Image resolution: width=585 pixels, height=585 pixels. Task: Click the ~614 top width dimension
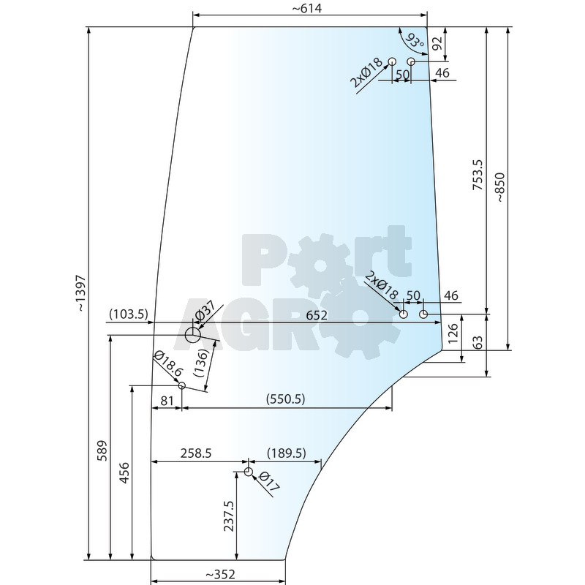click(x=306, y=8)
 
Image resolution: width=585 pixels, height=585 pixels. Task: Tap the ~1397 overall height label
click(x=81, y=293)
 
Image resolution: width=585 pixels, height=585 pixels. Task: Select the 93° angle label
click(x=414, y=41)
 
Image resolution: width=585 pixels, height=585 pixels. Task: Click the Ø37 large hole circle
click(x=193, y=335)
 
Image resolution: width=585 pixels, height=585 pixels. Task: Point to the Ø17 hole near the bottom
click(x=249, y=472)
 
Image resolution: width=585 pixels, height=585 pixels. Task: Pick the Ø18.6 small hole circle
click(x=181, y=385)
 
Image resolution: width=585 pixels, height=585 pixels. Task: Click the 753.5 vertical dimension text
click(x=478, y=175)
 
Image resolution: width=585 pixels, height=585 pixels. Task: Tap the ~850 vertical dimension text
click(x=500, y=187)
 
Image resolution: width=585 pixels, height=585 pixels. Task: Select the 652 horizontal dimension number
click(x=317, y=316)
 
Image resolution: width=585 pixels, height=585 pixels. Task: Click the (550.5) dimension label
click(x=285, y=399)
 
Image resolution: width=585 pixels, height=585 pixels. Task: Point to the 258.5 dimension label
click(x=196, y=453)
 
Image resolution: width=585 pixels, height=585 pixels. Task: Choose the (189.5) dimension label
click(x=287, y=453)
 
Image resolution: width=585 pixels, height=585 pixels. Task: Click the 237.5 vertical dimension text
click(x=229, y=516)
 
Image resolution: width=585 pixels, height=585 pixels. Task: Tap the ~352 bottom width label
click(x=220, y=574)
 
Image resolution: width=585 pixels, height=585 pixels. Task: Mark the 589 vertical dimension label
click(x=102, y=450)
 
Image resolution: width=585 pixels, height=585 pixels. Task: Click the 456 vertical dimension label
click(x=124, y=473)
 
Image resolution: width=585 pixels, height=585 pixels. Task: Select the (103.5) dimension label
click(x=129, y=314)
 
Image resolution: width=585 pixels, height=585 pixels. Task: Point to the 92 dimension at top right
click(x=437, y=43)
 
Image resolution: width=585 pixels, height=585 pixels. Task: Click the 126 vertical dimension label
click(x=453, y=333)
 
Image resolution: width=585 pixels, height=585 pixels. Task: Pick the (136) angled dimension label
click(x=200, y=363)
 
